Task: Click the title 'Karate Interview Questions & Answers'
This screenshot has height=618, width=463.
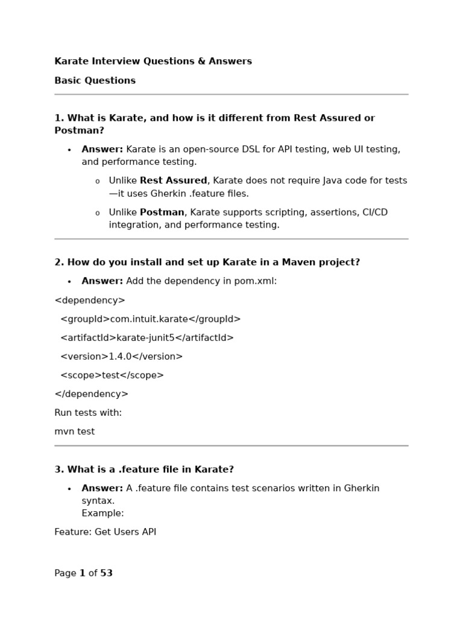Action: (153, 61)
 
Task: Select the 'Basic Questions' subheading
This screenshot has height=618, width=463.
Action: (95, 80)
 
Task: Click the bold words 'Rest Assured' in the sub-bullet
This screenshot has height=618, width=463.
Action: (174, 180)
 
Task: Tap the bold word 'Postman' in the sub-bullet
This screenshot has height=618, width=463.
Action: (162, 212)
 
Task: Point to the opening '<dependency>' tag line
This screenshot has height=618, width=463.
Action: (90, 300)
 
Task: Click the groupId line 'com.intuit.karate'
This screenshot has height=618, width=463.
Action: (150, 319)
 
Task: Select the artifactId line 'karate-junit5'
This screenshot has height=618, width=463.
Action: (146, 337)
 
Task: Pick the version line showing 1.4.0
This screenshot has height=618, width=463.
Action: (121, 356)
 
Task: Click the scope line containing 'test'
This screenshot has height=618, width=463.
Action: (112, 375)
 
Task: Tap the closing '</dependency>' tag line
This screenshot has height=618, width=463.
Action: (91, 393)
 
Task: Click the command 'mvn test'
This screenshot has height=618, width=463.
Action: (74, 432)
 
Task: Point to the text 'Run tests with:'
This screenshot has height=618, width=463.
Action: (88, 413)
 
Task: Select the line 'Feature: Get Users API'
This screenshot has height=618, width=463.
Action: (105, 532)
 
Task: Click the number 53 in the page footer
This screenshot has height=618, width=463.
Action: (106, 573)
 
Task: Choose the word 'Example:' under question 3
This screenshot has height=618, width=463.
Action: (102, 513)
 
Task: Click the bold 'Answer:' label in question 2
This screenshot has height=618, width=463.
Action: (102, 281)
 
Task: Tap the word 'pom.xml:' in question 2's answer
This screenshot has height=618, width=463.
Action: (258, 281)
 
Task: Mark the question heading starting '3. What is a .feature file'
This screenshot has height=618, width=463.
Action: (144, 469)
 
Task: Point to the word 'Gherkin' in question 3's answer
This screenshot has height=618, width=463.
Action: (362, 488)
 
